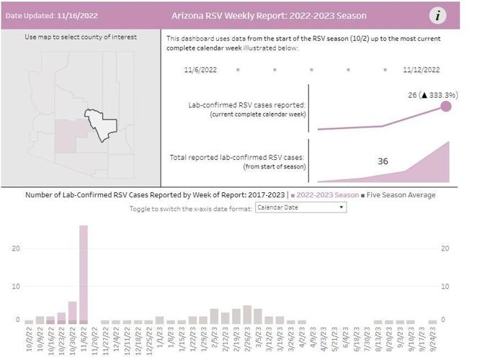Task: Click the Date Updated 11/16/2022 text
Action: (x=52, y=16)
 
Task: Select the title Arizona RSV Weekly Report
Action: (x=269, y=16)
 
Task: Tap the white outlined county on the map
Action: (x=99, y=124)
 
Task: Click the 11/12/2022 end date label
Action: (x=421, y=70)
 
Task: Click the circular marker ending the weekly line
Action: (x=445, y=107)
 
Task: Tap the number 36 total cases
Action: (x=383, y=161)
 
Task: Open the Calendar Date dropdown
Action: (x=300, y=207)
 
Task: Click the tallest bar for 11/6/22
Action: (x=84, y=274)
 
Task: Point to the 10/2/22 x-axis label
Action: (x=29, y=339)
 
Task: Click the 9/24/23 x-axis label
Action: (x=432, y=339)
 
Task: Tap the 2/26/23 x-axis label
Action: (x=247, y=339)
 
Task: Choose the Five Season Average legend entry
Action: (x=404, y=194)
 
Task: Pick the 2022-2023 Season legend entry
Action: (x=329, y=194)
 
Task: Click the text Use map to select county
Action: (x=81, y=37)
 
